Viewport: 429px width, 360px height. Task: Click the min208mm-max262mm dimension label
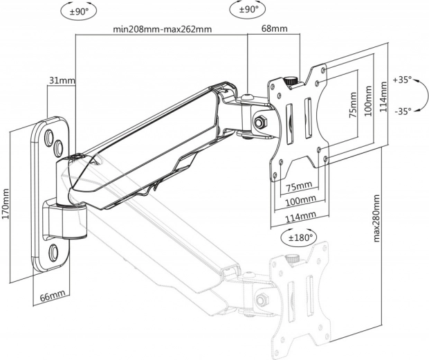[163, 30]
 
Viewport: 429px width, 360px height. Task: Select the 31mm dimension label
[62, 81]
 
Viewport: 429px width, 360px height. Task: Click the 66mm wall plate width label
[52, 296]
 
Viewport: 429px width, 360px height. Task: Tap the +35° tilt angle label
[401, 80]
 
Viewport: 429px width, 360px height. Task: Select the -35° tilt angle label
[401, 110]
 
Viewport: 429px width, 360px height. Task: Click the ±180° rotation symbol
[298, 237]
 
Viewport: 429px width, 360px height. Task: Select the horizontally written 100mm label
[301, 199]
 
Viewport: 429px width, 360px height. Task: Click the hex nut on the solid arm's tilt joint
[261, 122]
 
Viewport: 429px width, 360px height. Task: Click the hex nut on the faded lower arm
[262, 300]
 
